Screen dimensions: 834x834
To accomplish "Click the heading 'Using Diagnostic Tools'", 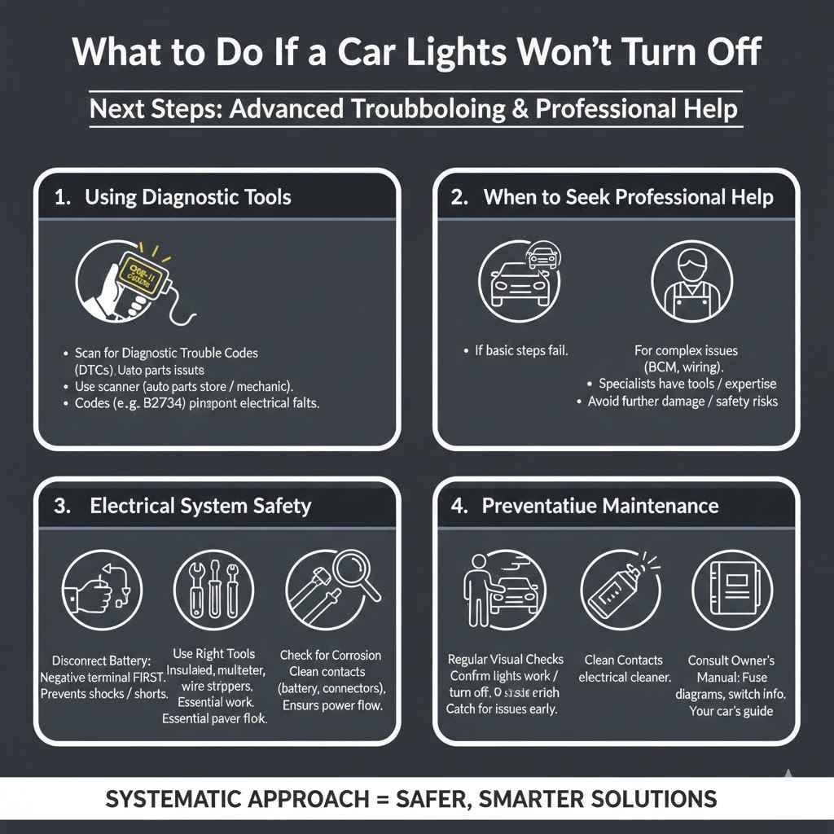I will (187, 197).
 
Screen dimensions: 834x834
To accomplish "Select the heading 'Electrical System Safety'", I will (200, 506).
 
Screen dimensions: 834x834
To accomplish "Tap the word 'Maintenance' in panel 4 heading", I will (660, 506).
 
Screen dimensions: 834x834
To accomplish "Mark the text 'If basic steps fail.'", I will (521, 351).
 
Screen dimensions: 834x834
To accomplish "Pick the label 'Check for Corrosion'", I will (331, 655).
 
